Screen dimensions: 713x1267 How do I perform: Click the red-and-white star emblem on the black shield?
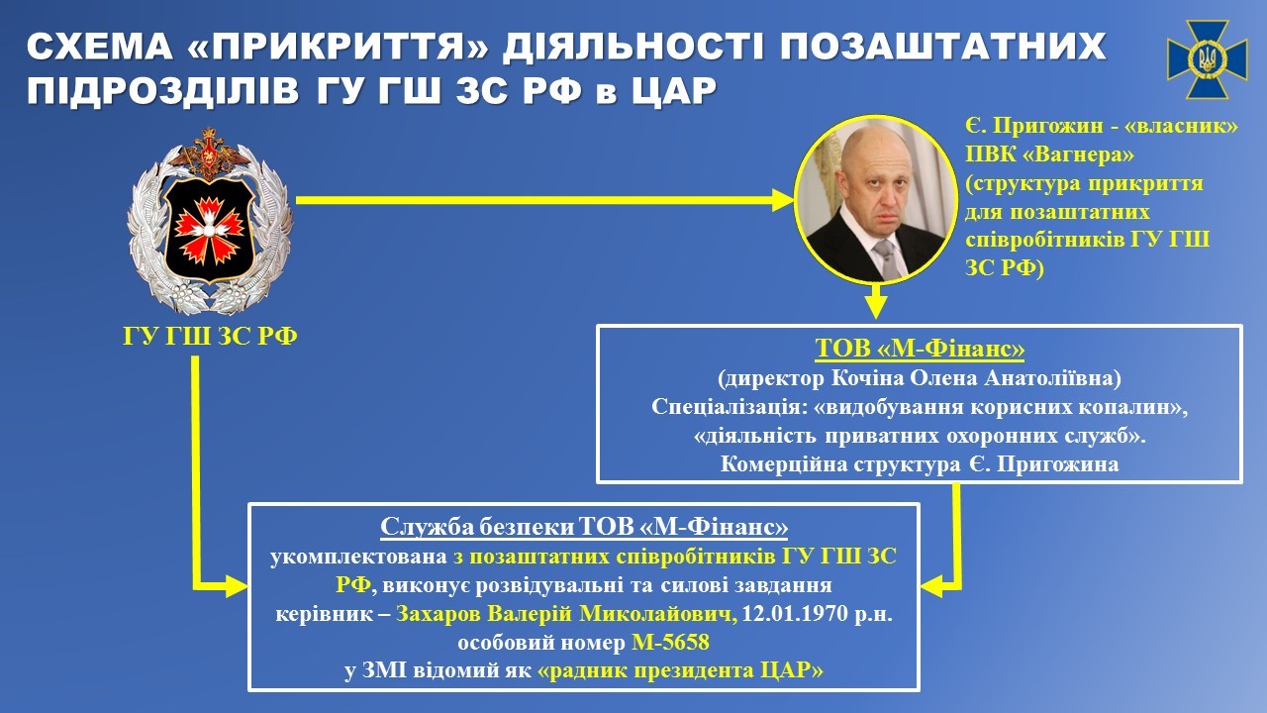(x=209, y=224)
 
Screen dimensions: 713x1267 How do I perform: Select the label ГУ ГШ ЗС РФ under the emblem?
(x=210, y=338)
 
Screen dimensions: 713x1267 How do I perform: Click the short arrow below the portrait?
(x=873, y=301)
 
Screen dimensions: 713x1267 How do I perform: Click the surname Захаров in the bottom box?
(x=439, y=614)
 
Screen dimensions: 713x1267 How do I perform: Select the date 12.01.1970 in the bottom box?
(x=789, y=614)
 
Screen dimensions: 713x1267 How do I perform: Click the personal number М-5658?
(x=670, y=643)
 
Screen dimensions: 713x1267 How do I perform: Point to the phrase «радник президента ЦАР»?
(x=680, y=671)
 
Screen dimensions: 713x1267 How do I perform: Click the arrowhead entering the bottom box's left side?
(x=237, y=586)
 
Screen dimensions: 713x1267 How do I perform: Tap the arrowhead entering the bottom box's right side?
(x=931, y=586)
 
